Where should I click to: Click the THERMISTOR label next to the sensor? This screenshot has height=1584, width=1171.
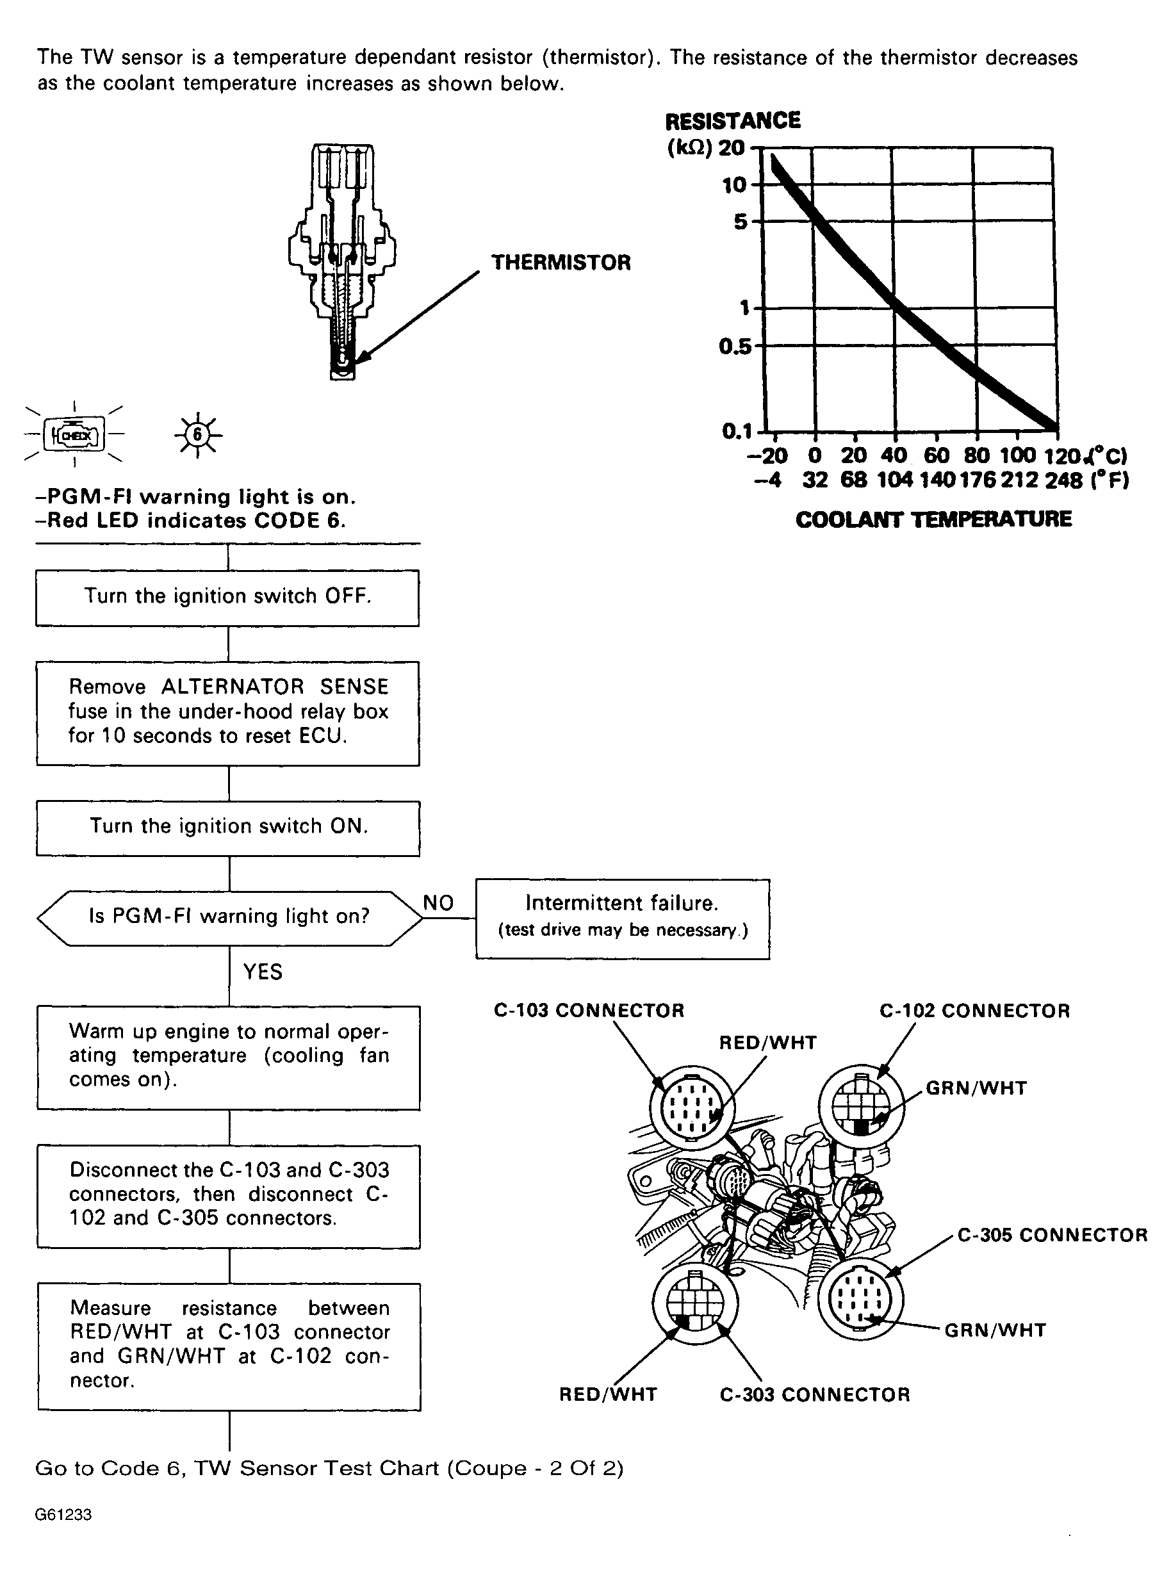coord(561,263)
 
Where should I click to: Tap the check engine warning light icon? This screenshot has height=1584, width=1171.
coord(74,434)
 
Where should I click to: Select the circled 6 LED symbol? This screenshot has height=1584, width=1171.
coord(198,434)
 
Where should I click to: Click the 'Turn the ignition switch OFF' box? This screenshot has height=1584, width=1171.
coord(227,597)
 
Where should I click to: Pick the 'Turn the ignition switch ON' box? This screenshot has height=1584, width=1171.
coord(227,827)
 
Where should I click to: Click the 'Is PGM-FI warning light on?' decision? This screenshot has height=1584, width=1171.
coord(229,917)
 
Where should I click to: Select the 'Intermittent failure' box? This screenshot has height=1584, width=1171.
coord(621,918)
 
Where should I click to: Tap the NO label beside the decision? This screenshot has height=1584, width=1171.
coord(438,903)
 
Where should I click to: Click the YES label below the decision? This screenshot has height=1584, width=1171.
coord(262,972)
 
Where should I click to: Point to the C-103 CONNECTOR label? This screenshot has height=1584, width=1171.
coord(588,1011)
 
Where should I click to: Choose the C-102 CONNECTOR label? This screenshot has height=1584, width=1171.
coord(974,1011)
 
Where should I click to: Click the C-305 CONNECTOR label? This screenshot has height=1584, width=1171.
coord(1052,1236)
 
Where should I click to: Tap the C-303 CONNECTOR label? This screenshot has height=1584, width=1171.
coord(814,1395)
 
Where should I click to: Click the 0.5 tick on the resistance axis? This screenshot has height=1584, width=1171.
coord(734,347)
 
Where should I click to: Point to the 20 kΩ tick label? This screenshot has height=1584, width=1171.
coord(732,148)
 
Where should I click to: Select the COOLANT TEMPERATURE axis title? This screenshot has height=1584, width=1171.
coord(933,519)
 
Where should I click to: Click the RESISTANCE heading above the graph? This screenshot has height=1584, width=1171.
coord(732,121)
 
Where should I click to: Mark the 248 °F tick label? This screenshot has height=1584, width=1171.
coord(1063,480)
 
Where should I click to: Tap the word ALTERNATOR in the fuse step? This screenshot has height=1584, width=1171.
coord(233,687)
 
